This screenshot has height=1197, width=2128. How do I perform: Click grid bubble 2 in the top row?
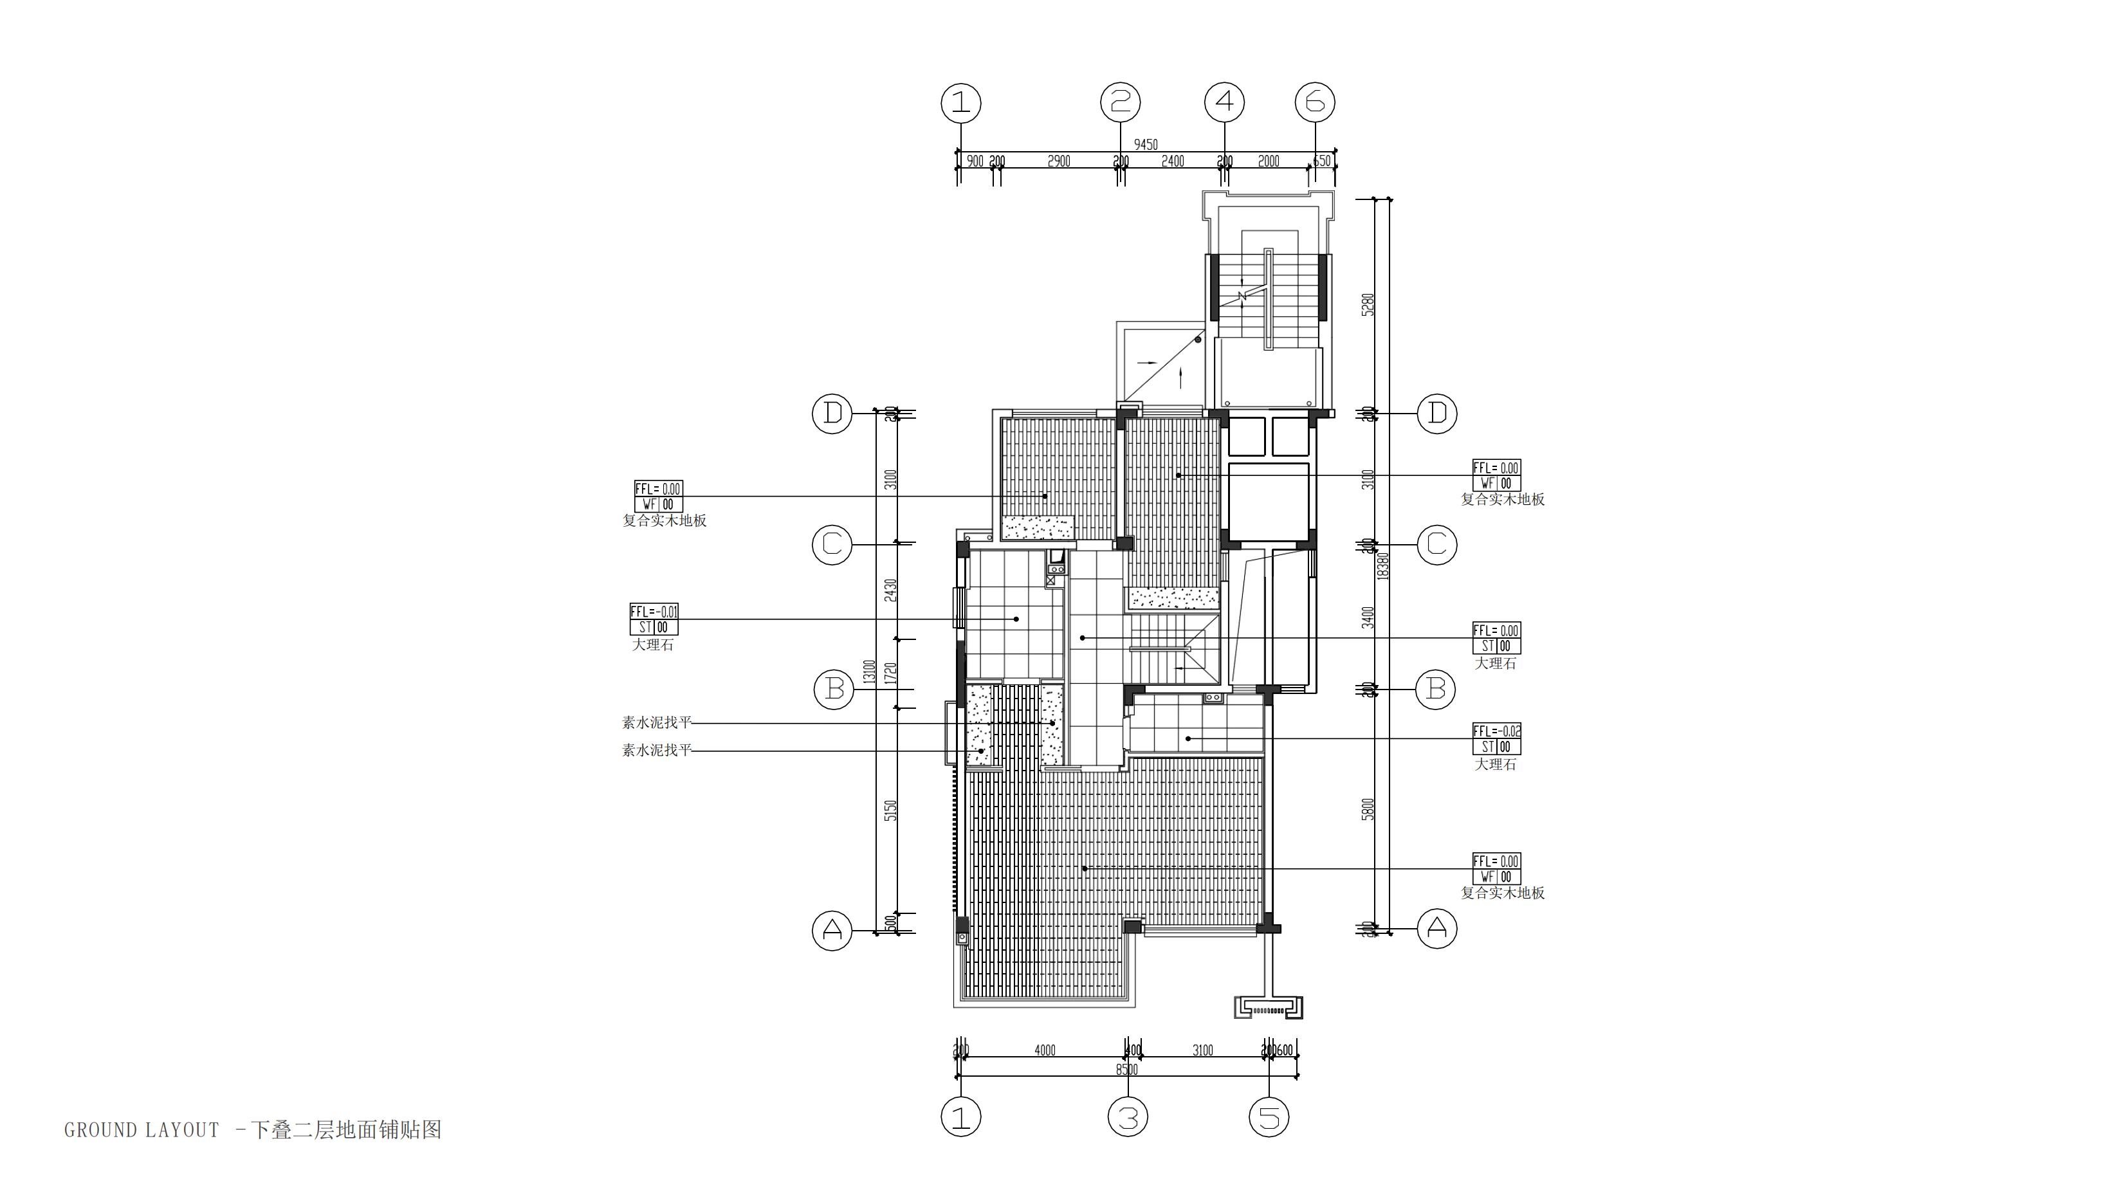coord(1120,102)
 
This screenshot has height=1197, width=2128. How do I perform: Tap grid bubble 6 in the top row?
coord(1315,102)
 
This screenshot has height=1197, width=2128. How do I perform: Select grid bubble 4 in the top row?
coord(1224,102)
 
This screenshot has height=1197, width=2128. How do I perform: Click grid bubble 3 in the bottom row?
coord(1128,1118)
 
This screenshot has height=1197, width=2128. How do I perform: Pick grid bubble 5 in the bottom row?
coord(1269,1118)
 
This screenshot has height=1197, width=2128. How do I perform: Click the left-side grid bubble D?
coord(832,413)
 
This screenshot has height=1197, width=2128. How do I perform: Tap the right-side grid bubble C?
coord(1436,544)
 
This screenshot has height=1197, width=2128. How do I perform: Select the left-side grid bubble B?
coord(834,689)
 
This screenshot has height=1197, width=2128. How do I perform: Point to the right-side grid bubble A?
coord(1436,929)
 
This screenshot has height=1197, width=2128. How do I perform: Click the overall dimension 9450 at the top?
coord(1145,145)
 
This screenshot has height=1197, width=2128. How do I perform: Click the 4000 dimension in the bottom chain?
coord(1044,1050)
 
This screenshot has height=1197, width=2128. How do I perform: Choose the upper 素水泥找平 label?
coord(656,723)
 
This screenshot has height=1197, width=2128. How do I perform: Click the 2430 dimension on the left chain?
coord(890,590)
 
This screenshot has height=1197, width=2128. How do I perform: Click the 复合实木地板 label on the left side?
coord(664,520)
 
